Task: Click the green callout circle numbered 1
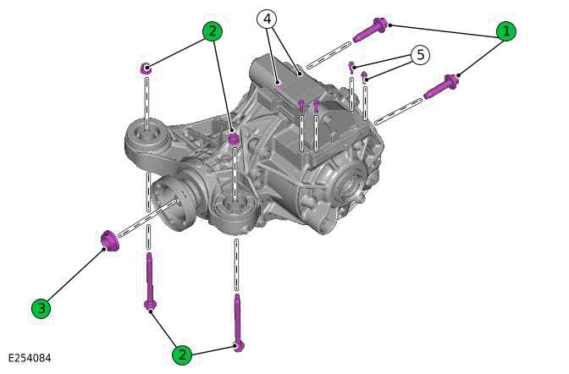pos(505,32)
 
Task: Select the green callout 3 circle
pos(41,308)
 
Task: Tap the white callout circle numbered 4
pos(266,19)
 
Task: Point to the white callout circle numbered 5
pos(419,55)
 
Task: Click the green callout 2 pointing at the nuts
pos(212,31)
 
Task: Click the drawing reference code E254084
pos(30,359)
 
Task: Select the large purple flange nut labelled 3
pos(108,241)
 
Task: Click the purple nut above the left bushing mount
pos(146,68)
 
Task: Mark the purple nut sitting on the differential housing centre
pos(235,137)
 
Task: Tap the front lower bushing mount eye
pos(235,209)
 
